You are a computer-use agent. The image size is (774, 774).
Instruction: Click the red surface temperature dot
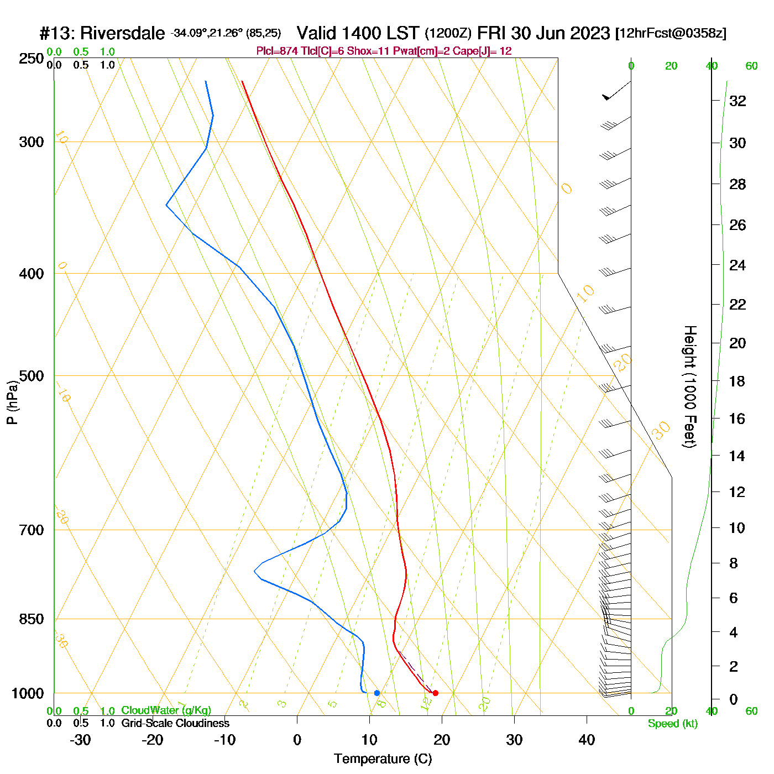(436, 693)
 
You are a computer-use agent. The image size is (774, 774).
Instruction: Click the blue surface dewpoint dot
(377, 693)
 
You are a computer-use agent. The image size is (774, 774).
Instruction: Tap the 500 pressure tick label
(31, 376)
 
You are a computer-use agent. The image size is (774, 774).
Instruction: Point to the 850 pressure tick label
(31, 619)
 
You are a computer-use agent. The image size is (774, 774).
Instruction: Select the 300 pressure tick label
(31, 142)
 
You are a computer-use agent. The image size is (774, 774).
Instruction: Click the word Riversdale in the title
(122, 33)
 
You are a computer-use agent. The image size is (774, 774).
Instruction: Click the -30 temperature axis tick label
(81, 740)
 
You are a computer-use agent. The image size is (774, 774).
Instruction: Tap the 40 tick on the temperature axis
(587, 740)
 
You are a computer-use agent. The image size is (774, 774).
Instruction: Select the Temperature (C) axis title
(383, 759)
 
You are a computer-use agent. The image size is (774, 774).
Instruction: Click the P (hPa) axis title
(12, 402)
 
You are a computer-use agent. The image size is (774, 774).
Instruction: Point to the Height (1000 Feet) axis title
(690, 386)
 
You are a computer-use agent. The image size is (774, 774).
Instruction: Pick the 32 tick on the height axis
(738, 101)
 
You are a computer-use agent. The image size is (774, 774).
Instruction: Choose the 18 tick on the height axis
(738, 381)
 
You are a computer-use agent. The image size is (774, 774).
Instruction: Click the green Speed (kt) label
(672, 724)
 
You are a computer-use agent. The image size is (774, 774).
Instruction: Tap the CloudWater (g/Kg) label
(166, 710)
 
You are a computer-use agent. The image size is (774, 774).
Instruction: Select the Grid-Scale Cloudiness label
(175, 723)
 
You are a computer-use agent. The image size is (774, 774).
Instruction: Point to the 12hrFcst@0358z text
(671, 33)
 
